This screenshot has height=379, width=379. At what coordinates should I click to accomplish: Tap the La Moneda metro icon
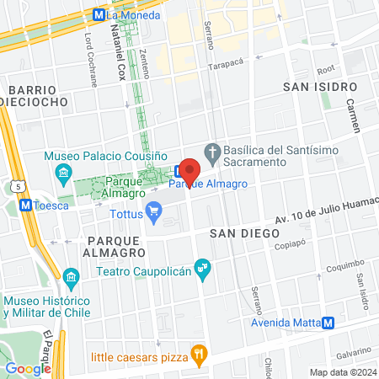[99, 14]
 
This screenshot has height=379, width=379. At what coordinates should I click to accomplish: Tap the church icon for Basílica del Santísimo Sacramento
[215, 152]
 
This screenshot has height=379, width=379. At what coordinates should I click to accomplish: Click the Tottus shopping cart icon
[153, 211]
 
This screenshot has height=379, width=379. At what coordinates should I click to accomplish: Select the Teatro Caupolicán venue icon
[202, 270]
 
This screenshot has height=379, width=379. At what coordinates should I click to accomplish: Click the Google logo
[29, 368]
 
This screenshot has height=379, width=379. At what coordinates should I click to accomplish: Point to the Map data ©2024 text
[342, 372]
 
